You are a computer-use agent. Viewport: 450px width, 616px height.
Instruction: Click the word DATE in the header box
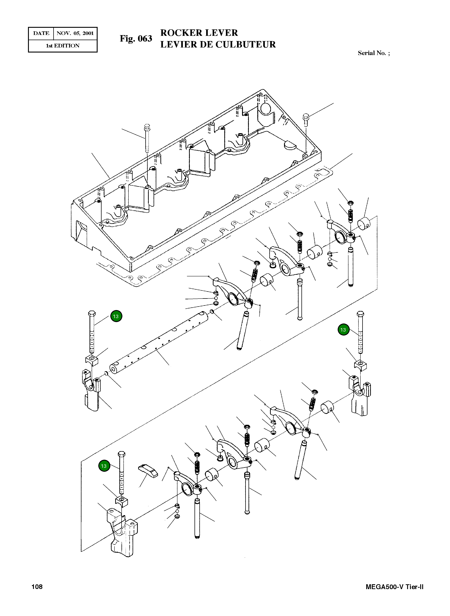41,33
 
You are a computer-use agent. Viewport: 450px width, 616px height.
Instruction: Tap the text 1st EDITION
63,46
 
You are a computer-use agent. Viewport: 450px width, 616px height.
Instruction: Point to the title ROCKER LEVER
199,33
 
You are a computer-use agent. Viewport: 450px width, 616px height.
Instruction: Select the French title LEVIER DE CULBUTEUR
218,44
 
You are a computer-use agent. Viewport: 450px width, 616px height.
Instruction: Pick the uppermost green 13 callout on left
116,316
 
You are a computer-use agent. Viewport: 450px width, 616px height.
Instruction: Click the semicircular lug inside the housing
289,145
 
